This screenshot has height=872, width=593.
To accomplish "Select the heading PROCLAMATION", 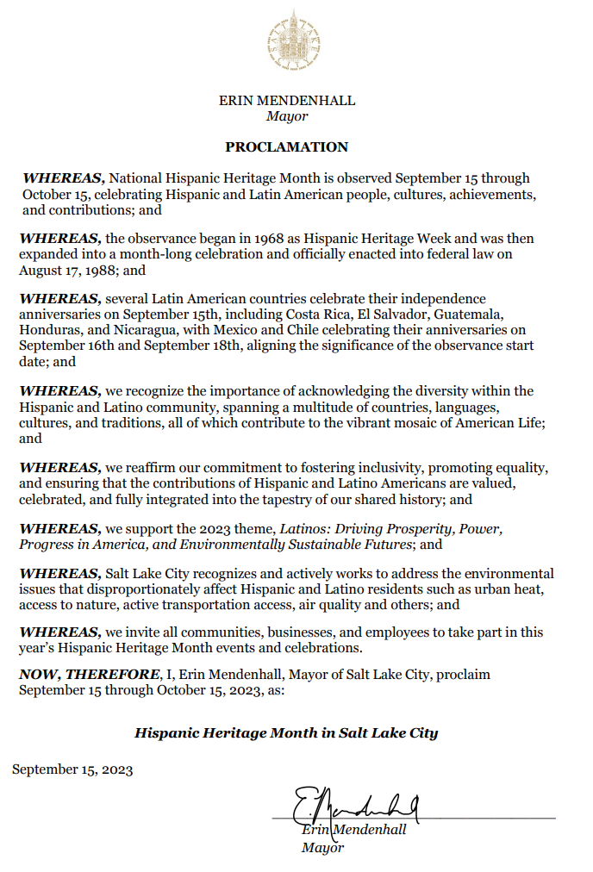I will pos(287,147).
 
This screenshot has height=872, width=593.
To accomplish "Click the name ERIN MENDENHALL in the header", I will pos(287,101).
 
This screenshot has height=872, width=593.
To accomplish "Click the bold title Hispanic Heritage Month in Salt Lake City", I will pos(286,733).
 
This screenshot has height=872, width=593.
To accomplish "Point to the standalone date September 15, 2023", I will pos(72,770).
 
